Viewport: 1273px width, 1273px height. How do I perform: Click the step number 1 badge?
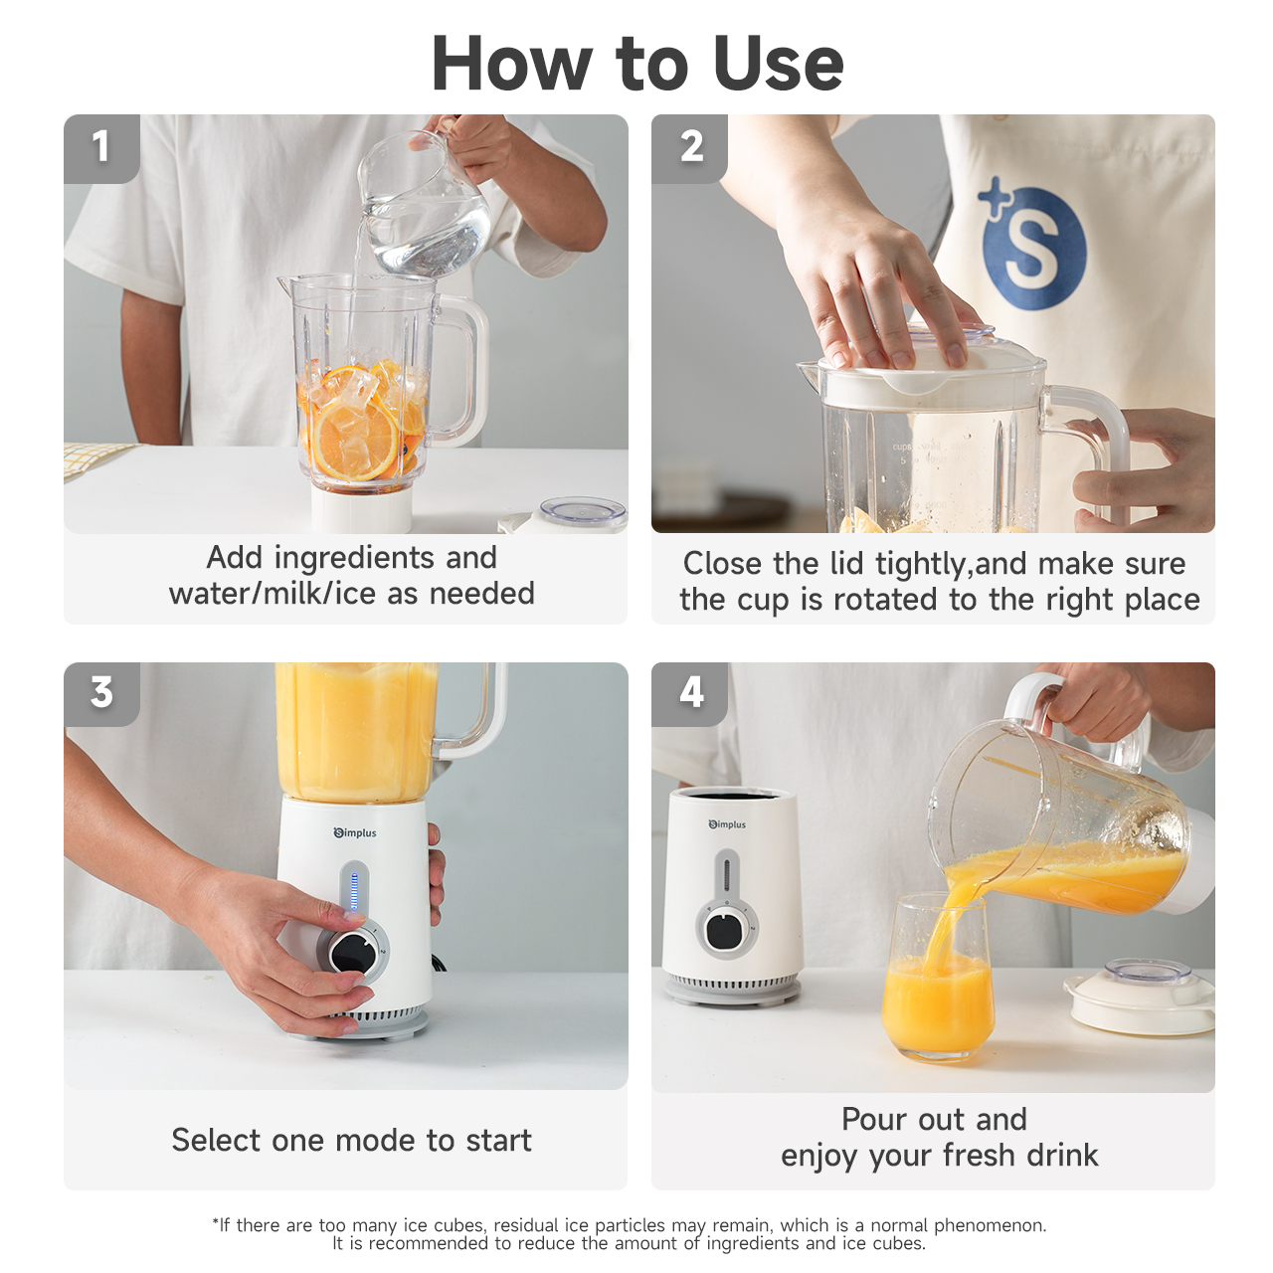click(x=101, y=148)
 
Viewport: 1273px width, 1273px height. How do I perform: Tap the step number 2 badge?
click(x=689, y=148)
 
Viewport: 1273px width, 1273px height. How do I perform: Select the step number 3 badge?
click(x=101, y=693)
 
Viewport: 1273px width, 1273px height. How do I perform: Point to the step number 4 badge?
click(x=689, y=693)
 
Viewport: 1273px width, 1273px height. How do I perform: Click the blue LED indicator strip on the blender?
click(x=354, y=891)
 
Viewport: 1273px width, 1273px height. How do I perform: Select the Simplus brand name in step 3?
click(x=355, y=833)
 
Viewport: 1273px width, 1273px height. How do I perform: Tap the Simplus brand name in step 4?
click(x=727, y=824)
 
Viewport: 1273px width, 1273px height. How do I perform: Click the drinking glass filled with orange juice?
click(x=938, y=977)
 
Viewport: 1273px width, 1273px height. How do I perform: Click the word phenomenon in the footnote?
click(x=990, y=1225)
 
